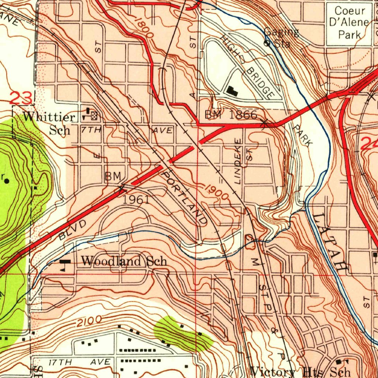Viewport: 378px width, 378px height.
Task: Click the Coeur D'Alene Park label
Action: (349, 23)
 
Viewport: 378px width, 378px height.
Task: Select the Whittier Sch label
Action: (49, 123)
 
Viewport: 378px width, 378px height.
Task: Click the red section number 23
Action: (21, 98)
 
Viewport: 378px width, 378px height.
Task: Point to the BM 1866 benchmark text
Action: (231, 115)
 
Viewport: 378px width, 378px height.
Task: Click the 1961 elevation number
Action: (136, 200)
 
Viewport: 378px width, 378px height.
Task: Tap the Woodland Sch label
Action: (124, 261)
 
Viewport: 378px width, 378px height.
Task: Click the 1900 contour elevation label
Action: (217, 192)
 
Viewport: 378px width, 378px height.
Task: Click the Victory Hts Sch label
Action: (300, 371)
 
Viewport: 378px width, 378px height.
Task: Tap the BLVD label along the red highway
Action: (72, 230)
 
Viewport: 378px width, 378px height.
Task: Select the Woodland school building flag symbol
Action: (65, 263)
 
